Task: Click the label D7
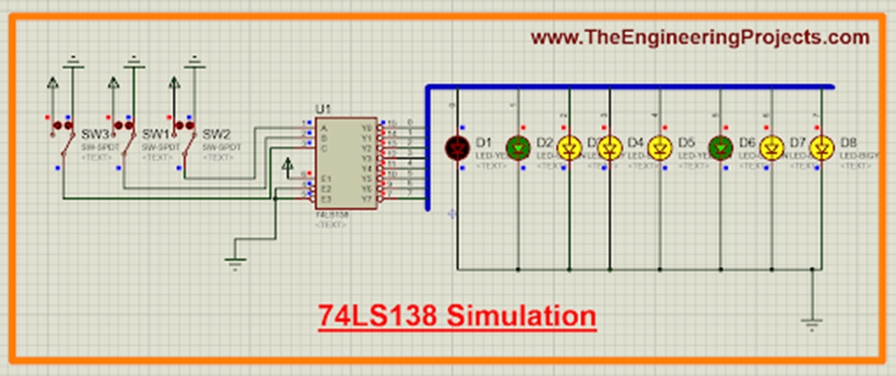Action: [797, 142]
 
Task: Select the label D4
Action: [635, 142]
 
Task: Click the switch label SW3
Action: [95, 135]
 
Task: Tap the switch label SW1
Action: [156, 135]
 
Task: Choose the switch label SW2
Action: [216, 135]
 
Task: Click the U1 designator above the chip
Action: [323, 108]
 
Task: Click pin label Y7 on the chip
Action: [368, 198]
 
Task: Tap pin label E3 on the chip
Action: [325, 198]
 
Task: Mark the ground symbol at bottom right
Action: [813, 324]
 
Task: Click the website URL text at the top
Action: [700, 38]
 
